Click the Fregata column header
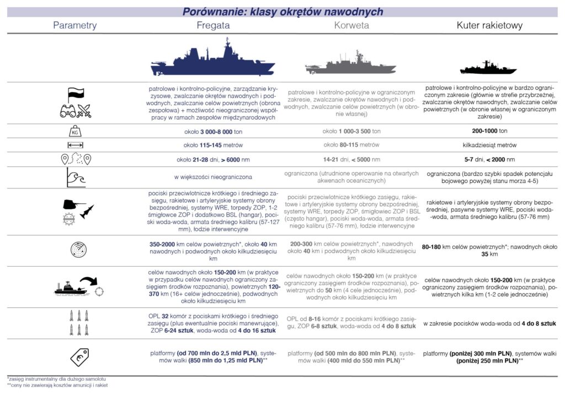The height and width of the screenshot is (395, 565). [x=212, y=25]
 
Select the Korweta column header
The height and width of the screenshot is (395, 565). [x=351, y=25]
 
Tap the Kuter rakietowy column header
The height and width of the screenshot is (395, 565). [x=489, y=25]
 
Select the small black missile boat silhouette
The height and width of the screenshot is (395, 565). [x=489, y=68]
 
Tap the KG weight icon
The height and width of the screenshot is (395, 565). [x=75, y=132]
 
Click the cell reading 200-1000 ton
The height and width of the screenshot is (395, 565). [x=488, y=132]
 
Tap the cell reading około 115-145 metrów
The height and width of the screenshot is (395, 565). [x=213, y=145]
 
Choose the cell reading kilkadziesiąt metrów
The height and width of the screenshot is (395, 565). [x=488, y=145]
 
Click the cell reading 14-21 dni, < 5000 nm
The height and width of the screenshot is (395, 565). [x=351, y=160]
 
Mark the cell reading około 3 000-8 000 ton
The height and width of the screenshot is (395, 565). [x=213, y=132]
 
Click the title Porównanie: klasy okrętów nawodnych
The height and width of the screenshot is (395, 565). [x=282, y=12]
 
